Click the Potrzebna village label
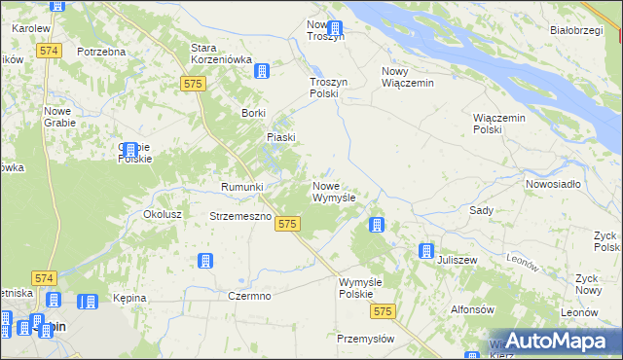[x=102, y=51]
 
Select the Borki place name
[x=254, y=114]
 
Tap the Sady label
[x=481, y=210]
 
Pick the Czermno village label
[x=248, y=296]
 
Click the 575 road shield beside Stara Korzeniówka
[x=192, y=86]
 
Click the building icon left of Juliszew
[x=426, y=250]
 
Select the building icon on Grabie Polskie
[x=129, y=151]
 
